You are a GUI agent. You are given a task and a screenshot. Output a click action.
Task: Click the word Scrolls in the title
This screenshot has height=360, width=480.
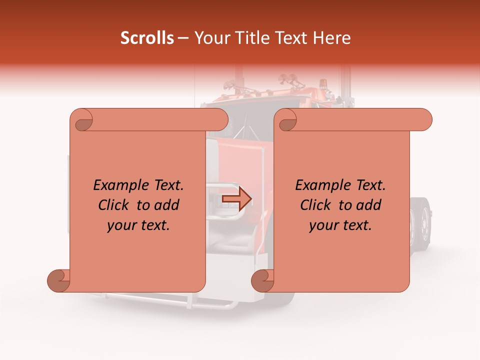tap(147, 38)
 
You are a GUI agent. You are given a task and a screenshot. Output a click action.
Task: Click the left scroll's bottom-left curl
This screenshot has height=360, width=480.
tap(59, 280)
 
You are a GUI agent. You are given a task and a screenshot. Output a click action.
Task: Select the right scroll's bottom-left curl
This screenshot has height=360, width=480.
tap(262, 280)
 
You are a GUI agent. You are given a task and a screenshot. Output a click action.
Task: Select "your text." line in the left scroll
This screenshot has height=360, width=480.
tap(138, 225)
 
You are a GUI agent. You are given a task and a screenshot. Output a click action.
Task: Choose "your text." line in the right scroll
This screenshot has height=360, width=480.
tap(340, 225)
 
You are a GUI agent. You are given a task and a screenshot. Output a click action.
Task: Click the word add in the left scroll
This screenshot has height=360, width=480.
tap(167, 205)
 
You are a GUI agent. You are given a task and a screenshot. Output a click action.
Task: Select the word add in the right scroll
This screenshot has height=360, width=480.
tap(369, 205)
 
